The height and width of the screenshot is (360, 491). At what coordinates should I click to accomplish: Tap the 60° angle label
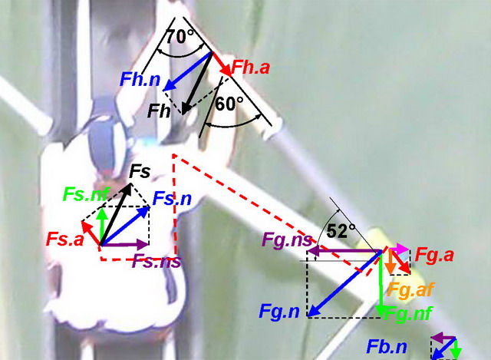click(229, 104)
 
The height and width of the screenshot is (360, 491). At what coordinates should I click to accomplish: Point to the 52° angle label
click(341, 231)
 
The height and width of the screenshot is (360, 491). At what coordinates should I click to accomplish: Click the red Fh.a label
click(251, 67)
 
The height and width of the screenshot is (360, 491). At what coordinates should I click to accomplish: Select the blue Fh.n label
click(140, 80)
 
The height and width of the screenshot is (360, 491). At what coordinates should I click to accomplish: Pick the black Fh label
click(159, 111)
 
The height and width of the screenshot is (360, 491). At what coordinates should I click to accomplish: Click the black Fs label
click(140, 171)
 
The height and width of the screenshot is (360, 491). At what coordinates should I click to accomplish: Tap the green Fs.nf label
click(87, 194)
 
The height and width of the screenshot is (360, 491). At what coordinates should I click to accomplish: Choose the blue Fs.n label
click(172, 198)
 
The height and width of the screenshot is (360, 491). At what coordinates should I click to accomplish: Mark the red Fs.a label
click(65, 239)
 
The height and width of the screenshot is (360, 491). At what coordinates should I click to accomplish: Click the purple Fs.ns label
click(157, 261)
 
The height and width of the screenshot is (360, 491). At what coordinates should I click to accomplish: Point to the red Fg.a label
click(434, 255)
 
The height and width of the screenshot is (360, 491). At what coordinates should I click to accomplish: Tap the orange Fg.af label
click(411, 290)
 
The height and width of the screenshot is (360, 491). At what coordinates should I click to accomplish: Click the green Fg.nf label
click(409, 312)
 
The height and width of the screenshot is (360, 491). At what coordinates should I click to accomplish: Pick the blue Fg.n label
click(279, 312)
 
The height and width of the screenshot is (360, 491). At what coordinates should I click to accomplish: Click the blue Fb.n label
click(387, 347)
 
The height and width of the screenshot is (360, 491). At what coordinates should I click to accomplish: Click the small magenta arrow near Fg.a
click(399, 249)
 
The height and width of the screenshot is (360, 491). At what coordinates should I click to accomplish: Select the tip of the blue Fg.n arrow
click(308, 316)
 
